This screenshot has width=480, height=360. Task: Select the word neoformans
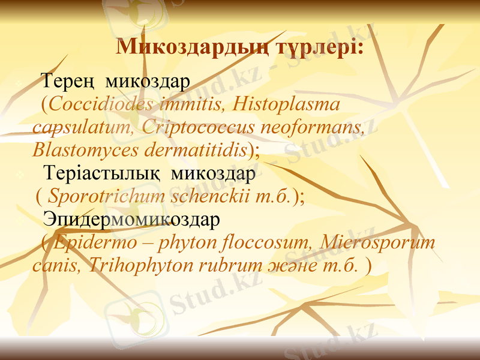click(x=313, y=127)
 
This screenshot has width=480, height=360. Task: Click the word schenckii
click(x=207, y=196)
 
